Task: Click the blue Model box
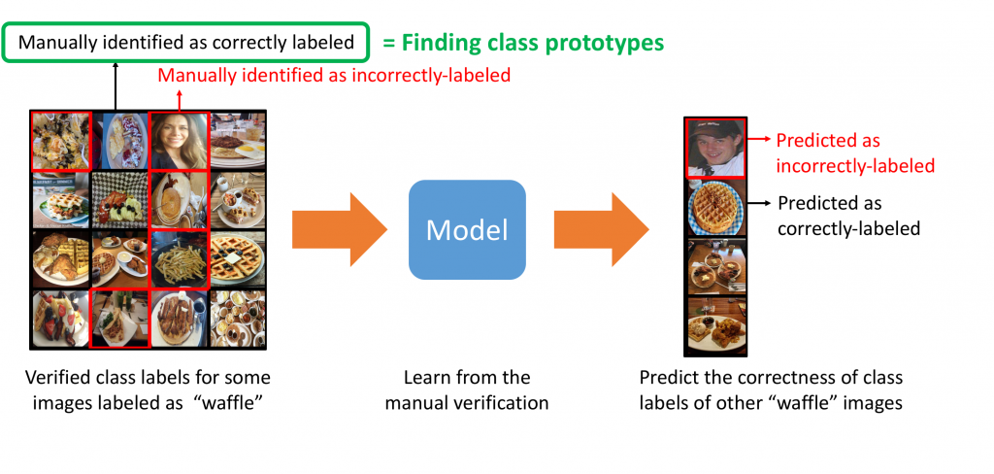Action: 467,229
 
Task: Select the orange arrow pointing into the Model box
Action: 339,229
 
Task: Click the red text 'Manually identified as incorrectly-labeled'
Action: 334,75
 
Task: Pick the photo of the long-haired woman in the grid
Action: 178,141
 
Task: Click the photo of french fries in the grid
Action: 179,258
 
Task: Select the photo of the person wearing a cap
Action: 715,148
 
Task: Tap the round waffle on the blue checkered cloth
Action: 715,208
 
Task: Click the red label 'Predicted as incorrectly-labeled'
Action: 854,153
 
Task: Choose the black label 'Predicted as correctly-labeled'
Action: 848,217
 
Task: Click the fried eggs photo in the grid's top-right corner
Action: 238,141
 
